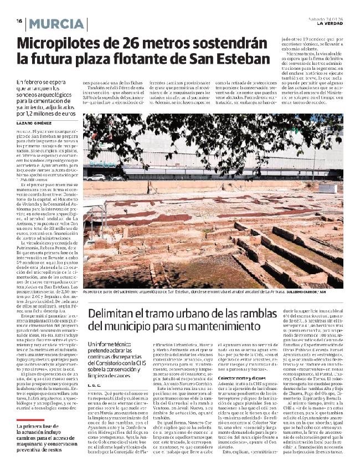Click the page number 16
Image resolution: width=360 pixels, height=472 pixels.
tap(19, 20)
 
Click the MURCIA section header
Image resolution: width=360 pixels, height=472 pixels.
tap(58, 24)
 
